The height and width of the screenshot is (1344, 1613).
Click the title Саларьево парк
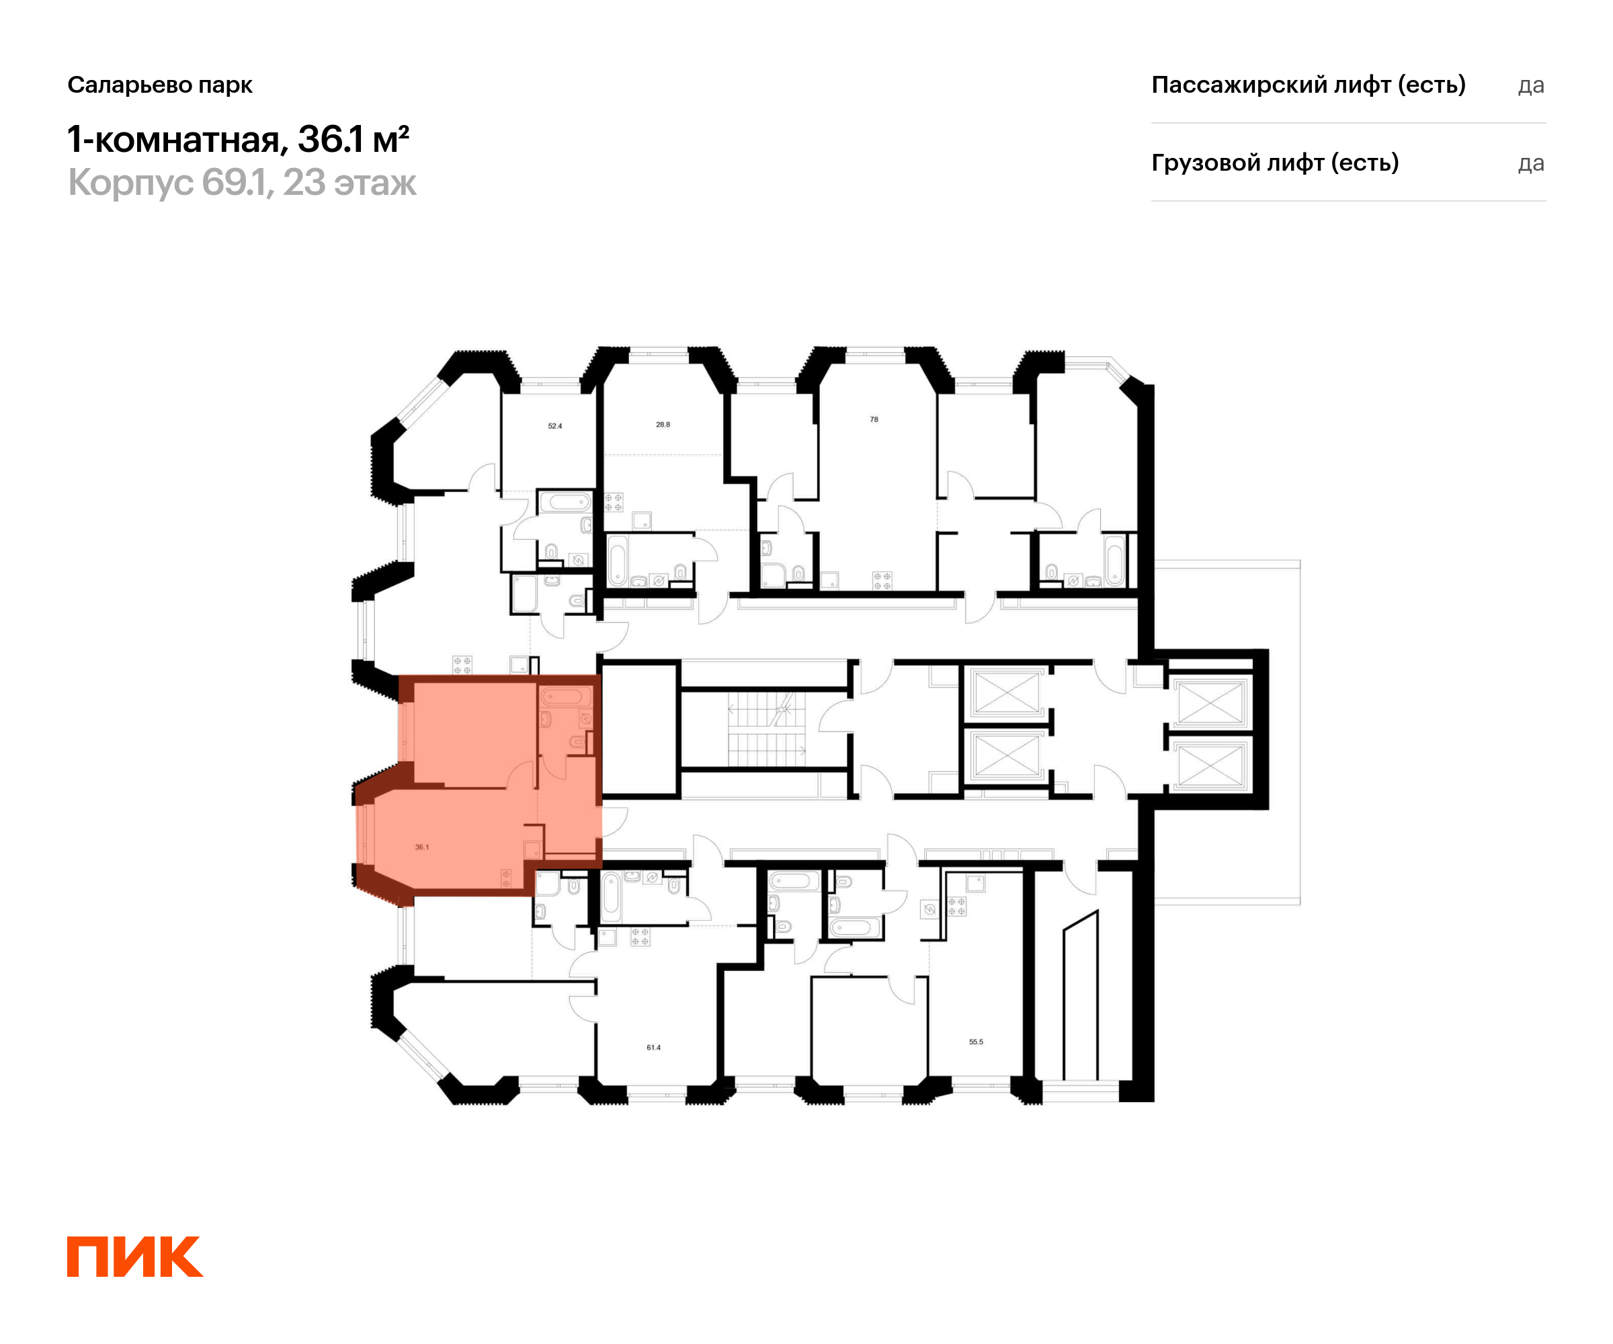160,85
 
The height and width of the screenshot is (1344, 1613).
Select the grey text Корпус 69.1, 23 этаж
242,183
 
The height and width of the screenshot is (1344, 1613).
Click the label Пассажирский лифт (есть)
1308,85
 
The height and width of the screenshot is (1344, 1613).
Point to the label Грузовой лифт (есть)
1274,163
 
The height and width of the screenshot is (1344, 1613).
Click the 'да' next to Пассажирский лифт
1530,85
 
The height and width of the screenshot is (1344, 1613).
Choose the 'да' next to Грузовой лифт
1530,163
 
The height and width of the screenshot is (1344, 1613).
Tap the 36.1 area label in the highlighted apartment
421,847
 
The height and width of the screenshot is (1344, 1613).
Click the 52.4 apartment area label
554,425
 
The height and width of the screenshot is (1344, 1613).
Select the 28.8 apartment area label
663,424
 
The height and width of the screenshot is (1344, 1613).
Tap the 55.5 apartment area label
975,1042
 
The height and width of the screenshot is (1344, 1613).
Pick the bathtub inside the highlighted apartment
565,698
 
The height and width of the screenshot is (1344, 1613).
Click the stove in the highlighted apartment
506,878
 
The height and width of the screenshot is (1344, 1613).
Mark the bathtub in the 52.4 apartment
565,502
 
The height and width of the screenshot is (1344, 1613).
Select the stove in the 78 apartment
882,581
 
